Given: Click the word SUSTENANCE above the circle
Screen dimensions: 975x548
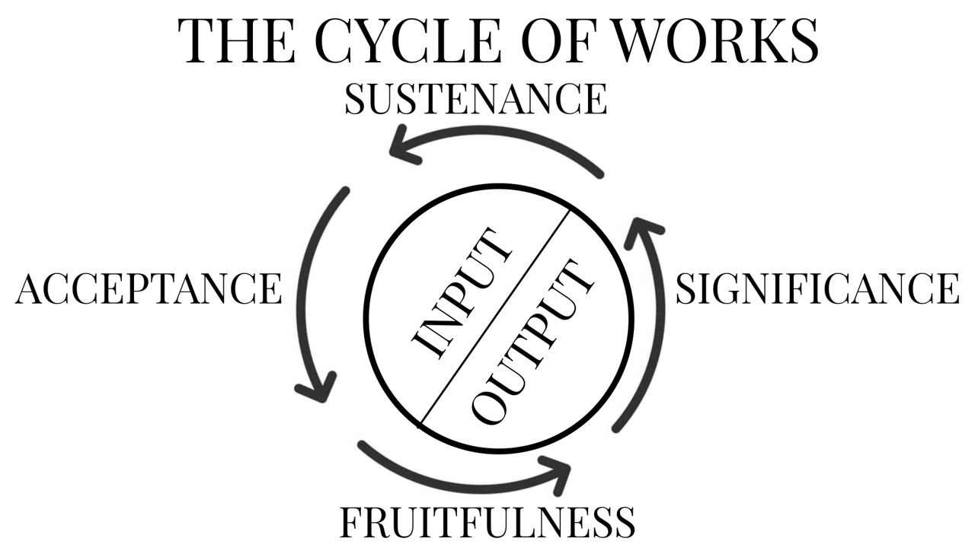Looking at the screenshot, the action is [475, 100].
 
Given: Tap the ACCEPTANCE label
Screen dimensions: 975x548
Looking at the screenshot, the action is [149, 289].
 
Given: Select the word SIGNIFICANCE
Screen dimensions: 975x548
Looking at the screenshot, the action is [817, 289].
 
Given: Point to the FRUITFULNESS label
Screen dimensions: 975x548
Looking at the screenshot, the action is [487, 522].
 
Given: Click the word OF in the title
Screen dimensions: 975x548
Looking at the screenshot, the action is [551, 40].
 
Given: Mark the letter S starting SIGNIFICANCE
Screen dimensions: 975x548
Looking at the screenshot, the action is [687, 289].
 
